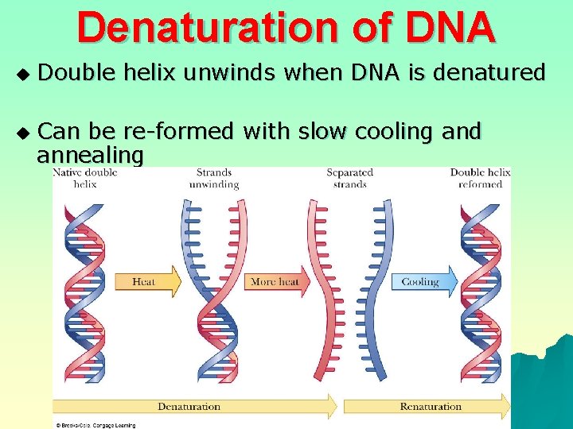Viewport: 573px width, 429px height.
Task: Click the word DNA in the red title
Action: coord(450,28)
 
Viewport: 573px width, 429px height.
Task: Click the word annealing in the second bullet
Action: coord(90,154)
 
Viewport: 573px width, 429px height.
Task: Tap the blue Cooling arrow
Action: coord(424,282)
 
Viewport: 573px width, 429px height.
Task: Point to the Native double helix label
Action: coord(85,178)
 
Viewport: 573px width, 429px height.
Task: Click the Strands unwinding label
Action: coord(214,178)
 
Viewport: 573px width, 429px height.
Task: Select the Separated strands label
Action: coord(349,178)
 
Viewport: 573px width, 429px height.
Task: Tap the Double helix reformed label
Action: coord(480,178)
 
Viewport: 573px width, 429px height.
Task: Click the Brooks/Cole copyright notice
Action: coord(95,425)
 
